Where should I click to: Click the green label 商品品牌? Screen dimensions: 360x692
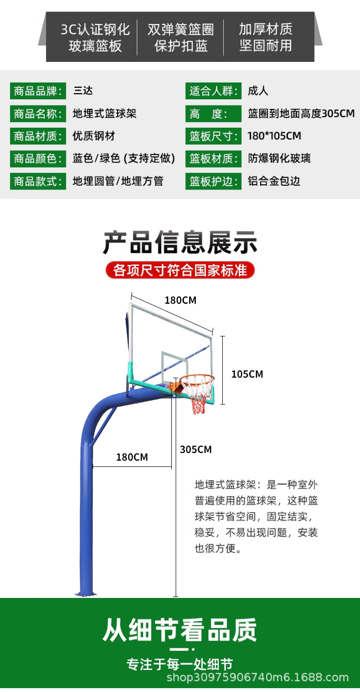click(x=38, y=91)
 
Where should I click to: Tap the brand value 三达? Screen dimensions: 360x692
click(x=83, y=91)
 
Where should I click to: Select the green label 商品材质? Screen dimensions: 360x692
click(x=38, y=136)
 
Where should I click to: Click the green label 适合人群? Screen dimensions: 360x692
click(x=213, y=91)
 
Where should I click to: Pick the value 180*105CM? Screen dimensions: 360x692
click(x=274, y=136)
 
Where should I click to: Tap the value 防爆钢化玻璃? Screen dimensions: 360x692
click(x=279, y=159)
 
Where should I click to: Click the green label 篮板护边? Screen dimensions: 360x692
click(x=213, y=181)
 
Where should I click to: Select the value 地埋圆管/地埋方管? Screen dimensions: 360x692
click(x=118, y=181)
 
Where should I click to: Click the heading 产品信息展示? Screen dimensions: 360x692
click(x=180, y=243)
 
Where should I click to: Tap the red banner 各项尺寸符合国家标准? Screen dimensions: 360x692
click(x=180, y=270)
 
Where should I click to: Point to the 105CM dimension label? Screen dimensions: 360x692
click(x=247, y=374)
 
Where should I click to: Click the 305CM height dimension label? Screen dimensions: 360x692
click(x=196, y=450)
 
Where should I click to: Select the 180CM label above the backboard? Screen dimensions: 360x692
click(x=180, y=300)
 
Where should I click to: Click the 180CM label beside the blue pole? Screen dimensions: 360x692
click(x=132, y=457)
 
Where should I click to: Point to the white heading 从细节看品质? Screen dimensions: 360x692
click(x=180, y=630)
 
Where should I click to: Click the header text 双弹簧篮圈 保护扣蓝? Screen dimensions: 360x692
click(x=180, y=37)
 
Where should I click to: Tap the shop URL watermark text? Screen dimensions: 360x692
click(x=257, y=678)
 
